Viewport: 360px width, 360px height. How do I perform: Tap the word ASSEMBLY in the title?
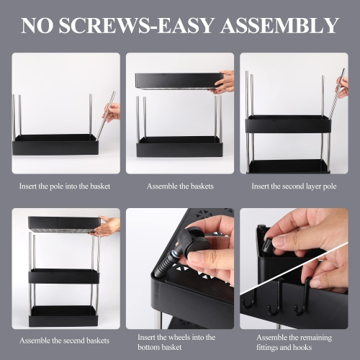279,25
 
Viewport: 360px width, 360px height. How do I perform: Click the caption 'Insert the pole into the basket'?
65,186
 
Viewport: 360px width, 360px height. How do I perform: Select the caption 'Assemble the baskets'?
180,186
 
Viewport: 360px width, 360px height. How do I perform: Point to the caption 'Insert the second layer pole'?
294,186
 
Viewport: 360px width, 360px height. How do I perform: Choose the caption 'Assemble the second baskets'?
64,341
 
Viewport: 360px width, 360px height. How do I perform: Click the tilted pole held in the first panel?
106,116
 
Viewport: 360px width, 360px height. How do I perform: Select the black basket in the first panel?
55,145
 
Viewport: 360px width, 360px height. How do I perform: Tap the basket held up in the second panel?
179,81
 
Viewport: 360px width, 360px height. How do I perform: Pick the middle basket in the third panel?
288,124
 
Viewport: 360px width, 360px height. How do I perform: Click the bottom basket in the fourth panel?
63,316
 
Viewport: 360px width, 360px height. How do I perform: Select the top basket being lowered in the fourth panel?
63,225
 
